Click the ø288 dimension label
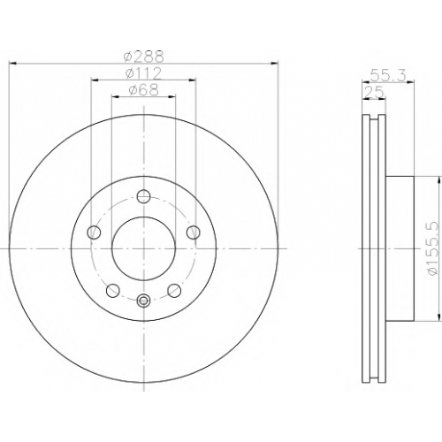143,57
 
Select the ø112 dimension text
143,73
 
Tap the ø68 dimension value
143,90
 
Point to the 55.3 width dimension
388,75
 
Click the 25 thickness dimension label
374,92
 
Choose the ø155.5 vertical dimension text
432,249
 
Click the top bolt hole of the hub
144,196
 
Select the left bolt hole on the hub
94,232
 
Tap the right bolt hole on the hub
194,232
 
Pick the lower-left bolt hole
113,291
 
